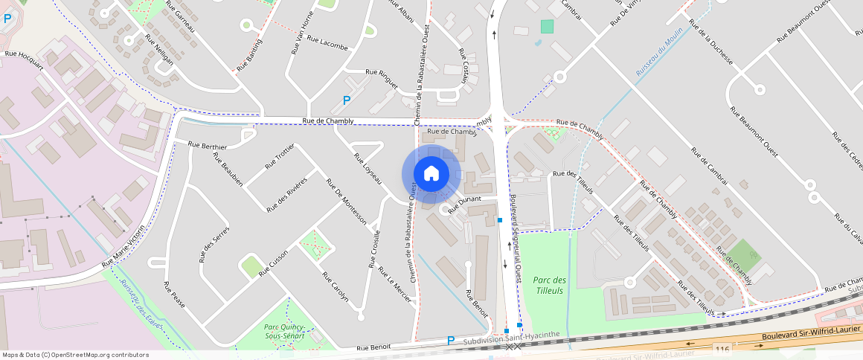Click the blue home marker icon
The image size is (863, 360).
(431, 174)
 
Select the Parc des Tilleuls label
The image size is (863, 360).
(549, 285)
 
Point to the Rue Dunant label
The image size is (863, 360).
(466, 200)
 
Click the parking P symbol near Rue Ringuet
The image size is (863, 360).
(346, 100)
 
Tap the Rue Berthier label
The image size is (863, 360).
(208, 146)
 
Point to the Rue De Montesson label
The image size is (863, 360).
(346, 202)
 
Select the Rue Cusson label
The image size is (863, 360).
(273, 263)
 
